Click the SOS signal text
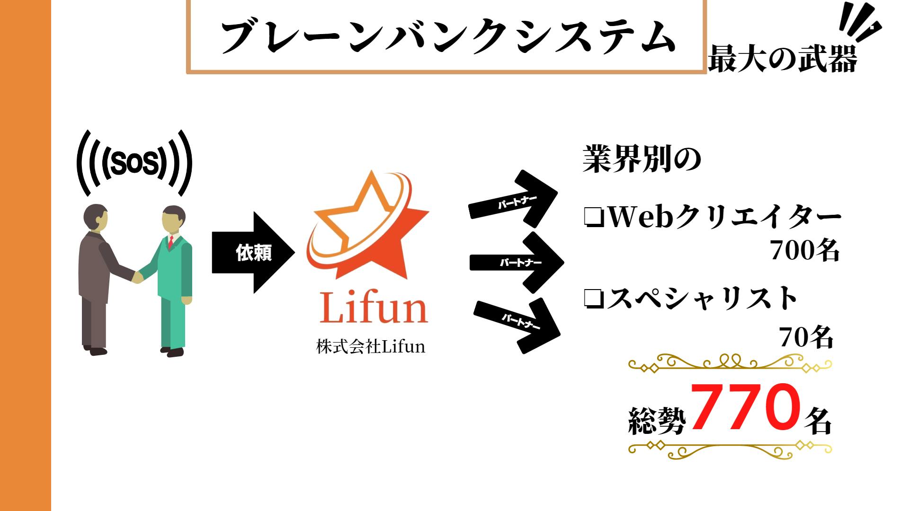pyautogui.click(x=134, y=164)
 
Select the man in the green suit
pyautogui.click(x=173, y=279)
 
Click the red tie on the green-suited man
pyautogui.click(x=170, y=243)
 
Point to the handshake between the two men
pyautogui.click(x=138, y=276)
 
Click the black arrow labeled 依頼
pyautogui.click(x=253, y=253)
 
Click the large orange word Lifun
pyautogui.click(x=374, y=308)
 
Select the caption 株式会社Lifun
pyautogui.click(x=371, y=347)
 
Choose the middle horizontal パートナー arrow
pyautogui.click(x=518, y=262)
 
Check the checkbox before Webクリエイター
pyautogui.click(x=594, y=218)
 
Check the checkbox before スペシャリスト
pyautogui.click(x=593, y=299)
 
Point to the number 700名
pyautogui.click(x=804, y=250)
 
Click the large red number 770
pyautogui.click(x=746, y=407)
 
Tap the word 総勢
pyautogui.click(x=657, y=420)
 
